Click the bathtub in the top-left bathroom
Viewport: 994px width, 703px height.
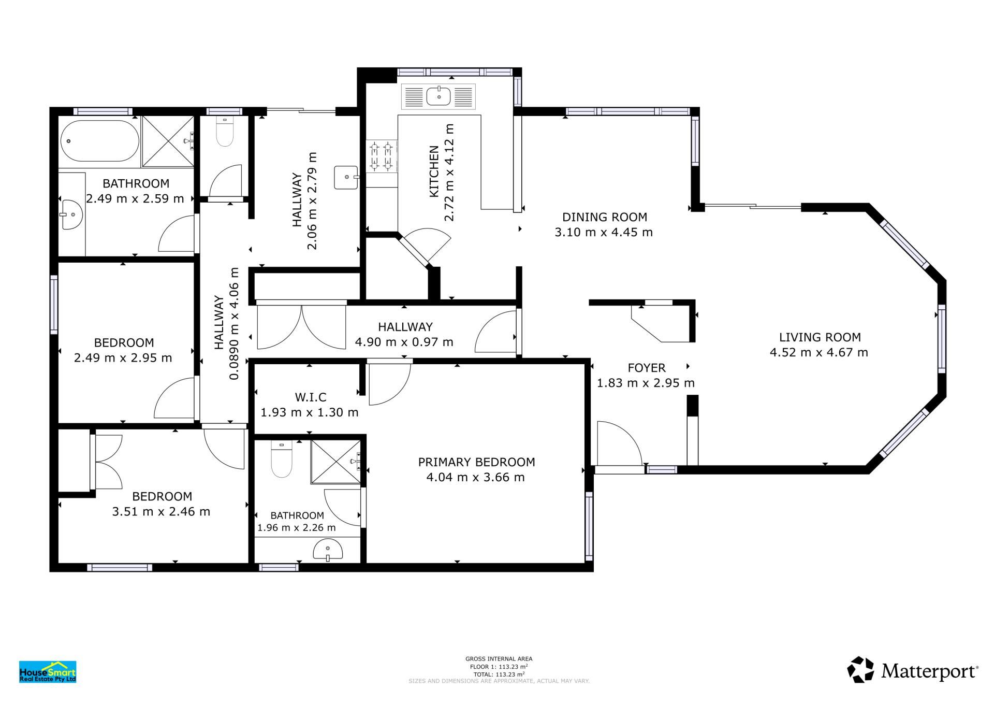[99, 141]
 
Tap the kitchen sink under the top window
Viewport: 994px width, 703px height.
[438, 96]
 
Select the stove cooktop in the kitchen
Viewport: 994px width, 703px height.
[381, 156]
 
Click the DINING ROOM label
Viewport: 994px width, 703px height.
[605, 217]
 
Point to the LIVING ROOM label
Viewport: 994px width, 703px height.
[820, 337]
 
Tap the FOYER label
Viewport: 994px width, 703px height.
[647, 368]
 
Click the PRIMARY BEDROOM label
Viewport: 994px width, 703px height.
[476, 462]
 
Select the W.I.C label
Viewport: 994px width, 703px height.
[311, 397]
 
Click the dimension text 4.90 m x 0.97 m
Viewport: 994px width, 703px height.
[404, 342]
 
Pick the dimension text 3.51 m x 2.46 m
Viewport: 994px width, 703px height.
[162, 512]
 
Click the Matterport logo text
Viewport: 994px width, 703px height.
[930, 672]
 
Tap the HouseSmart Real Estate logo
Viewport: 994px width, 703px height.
[48, 672]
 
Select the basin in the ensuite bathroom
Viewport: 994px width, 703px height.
[328, 550]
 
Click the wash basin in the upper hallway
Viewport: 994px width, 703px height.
[346, 178]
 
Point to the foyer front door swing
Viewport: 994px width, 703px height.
[620, 443]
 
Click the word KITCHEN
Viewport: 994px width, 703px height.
[434, 171]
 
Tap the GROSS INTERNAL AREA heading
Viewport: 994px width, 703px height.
[499, 659]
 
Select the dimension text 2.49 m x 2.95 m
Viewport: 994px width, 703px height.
[123, 358]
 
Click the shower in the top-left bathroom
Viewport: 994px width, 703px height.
[168, 141]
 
